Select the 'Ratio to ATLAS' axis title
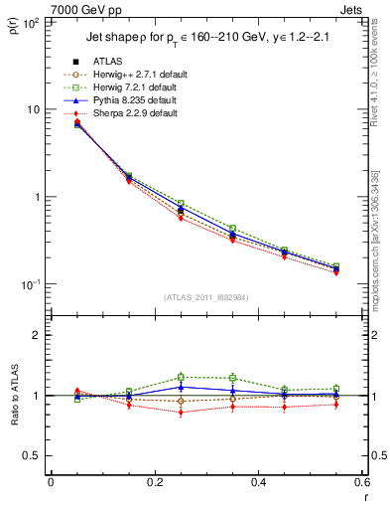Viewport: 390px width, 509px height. tap(13, 396)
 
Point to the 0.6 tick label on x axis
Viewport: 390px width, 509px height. tap(360, 482)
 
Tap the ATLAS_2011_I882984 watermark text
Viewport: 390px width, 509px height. tap(206, 297)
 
